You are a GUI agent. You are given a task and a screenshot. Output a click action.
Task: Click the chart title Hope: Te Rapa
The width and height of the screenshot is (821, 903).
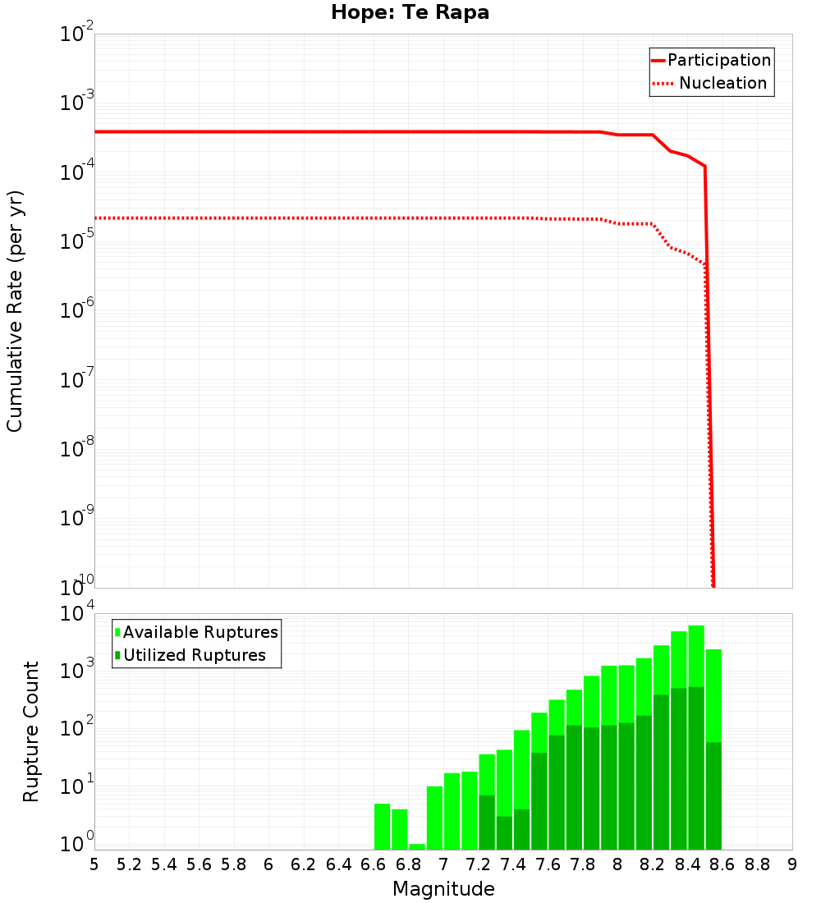(410, 13)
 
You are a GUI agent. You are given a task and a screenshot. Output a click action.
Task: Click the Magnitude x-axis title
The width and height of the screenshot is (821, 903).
(443, 889)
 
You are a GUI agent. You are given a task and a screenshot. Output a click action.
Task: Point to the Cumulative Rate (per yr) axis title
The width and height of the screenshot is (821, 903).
(15, 312)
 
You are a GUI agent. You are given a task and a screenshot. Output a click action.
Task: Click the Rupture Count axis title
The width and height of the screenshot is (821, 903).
(31, 731)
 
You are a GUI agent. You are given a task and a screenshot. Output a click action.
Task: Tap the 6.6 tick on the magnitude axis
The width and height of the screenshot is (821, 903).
(374, 864)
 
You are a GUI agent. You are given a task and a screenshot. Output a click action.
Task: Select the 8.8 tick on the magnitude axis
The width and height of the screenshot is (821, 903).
(757, 864)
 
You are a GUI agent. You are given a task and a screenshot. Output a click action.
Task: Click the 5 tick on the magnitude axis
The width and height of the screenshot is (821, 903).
(94, 864)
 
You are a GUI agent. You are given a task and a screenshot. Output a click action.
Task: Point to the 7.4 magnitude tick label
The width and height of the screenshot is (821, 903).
(513, 864)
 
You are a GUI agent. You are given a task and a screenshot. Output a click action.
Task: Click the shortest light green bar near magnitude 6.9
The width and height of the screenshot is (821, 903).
(417, 846)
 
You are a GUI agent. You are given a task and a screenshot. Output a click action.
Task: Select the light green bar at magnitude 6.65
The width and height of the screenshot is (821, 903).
(383, 827)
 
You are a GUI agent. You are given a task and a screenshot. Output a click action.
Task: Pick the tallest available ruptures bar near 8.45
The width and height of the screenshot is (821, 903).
(696, 657)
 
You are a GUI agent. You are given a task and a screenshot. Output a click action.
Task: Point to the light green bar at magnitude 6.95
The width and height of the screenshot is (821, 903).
(434, 818)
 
